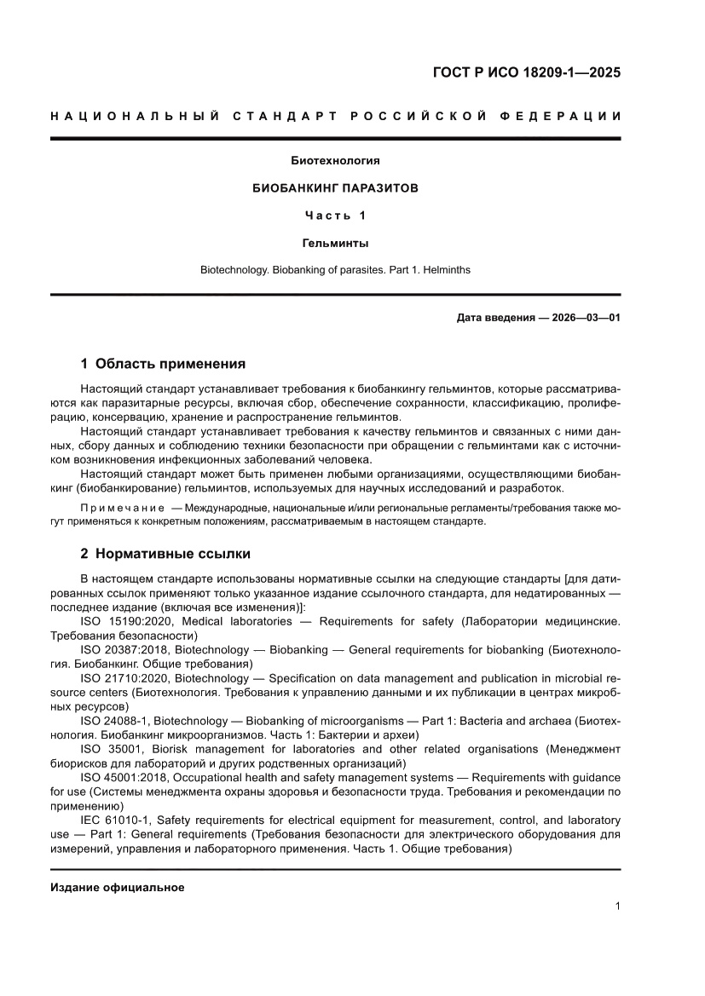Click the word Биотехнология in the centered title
pos(335,160)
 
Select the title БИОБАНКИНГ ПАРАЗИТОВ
pos(335,188)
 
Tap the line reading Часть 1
pos(335,216)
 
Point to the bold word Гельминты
pos(335,243)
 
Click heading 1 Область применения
pos(163,364)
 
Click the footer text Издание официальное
pos(118,887)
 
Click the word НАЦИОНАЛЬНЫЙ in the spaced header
pos(134,116)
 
